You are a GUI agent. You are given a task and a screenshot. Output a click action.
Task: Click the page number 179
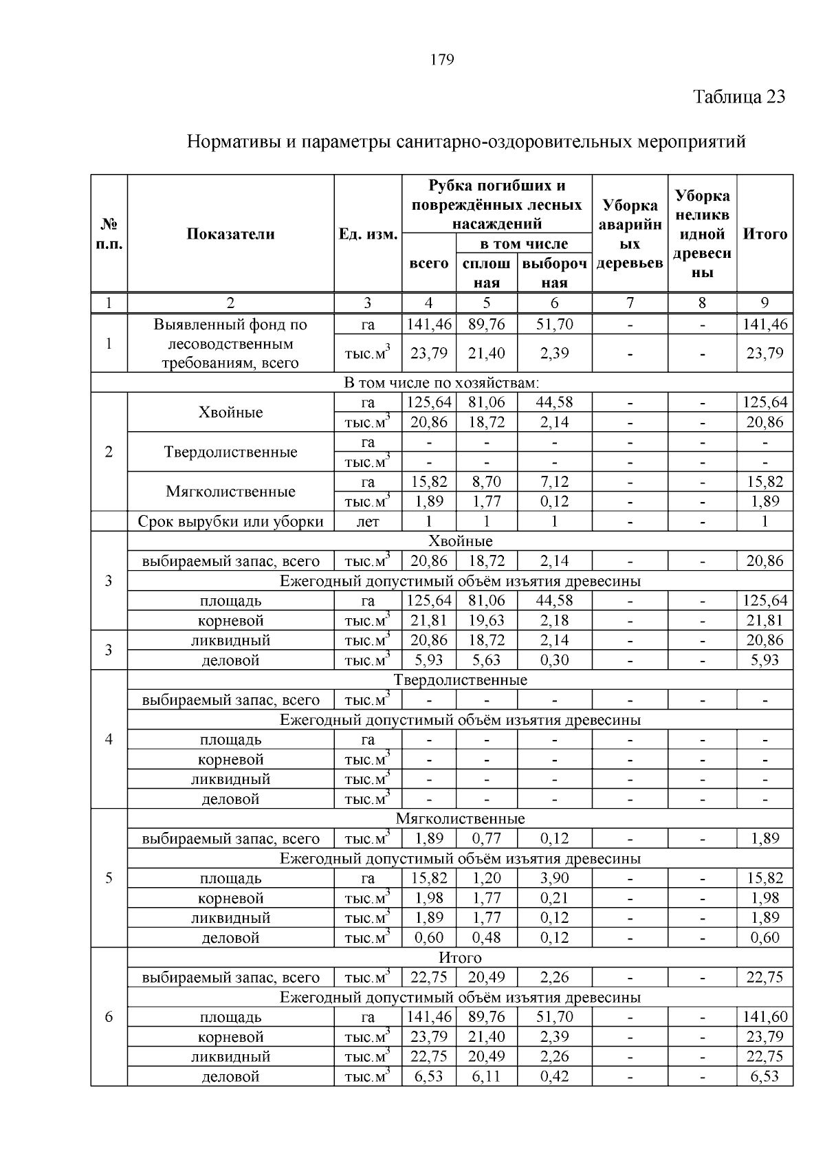pos(442,60)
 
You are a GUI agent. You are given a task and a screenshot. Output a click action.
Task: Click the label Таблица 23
pos(739,96)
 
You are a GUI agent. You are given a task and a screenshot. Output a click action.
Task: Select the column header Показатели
pos(230,234)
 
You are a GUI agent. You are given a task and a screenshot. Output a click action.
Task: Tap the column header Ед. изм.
pos(368,234)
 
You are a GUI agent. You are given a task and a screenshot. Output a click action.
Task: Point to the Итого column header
pos(764,234)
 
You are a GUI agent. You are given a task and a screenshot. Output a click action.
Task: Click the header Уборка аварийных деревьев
pos(630,234)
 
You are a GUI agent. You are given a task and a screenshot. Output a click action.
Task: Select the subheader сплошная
pos(486,273)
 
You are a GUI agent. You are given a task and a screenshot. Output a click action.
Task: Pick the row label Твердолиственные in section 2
pos(230,452)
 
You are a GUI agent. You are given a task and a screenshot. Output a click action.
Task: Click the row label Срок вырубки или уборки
pos(230,521)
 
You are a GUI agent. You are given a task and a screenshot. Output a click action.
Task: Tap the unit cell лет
pos(368,521)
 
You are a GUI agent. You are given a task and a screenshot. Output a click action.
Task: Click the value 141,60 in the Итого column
pos(764,1016)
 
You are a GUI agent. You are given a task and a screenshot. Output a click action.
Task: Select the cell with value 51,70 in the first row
pos(554,324)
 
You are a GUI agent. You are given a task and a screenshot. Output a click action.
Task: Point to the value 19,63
pos(486,620)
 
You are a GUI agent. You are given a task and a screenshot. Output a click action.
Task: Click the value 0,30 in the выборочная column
pos(554,660)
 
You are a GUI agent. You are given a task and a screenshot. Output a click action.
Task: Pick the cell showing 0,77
pos(486,838)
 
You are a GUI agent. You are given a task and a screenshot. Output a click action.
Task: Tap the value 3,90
pos(554,878)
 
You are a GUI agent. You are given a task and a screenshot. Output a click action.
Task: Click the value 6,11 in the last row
pos(486,1076)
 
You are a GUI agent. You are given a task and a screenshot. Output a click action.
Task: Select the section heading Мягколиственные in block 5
pos(460,818)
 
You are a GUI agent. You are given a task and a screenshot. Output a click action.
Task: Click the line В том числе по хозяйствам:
pos(441,382)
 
